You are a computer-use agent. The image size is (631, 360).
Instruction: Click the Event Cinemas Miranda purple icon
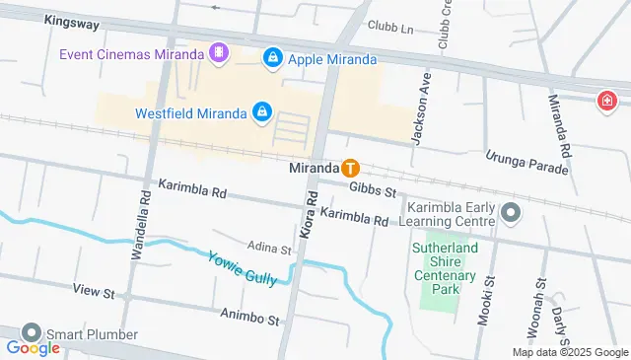coord(219,52)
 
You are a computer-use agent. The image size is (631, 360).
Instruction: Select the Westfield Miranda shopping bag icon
coord(261,112)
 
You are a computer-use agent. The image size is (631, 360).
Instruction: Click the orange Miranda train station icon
coord(350,168)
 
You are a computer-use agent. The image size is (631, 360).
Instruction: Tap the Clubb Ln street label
coord(388,26)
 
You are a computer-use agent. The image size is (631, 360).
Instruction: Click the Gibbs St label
coord(372,188)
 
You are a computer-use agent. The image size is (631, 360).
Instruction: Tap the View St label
coord(95,293)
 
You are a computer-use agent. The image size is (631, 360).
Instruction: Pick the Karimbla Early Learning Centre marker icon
coord(510,212)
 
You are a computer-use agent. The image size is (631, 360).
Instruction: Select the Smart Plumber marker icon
coord(32,333)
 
